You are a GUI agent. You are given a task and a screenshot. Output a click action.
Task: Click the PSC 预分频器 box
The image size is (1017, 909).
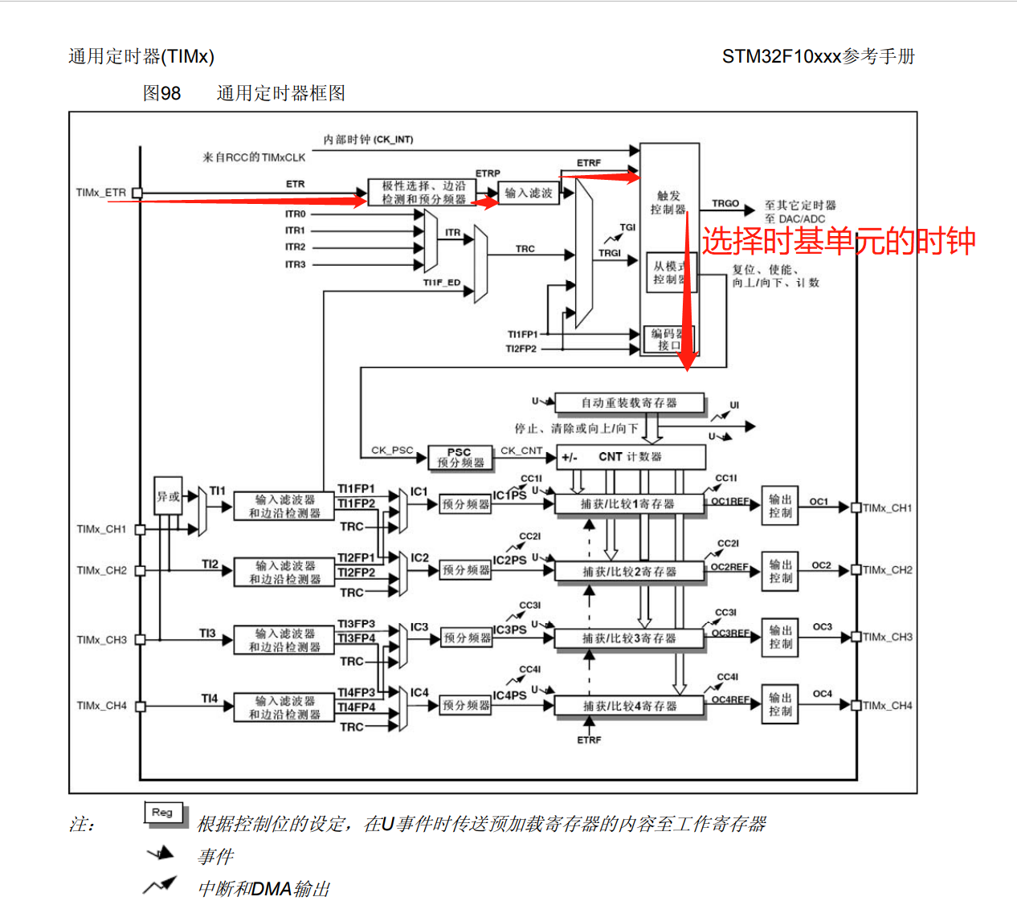tap(459, 458)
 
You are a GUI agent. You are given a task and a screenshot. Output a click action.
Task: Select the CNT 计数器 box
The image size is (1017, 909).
tap(631, 457)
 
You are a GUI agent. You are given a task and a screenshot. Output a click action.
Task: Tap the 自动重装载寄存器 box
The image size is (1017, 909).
tap(629, 402)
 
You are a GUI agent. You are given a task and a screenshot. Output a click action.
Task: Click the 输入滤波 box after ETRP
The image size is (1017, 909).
tap(529, 193)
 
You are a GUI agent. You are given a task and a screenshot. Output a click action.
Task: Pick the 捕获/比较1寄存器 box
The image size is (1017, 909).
tap(628, 504)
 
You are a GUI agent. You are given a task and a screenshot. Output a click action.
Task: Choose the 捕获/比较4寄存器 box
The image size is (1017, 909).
tap(630, 706)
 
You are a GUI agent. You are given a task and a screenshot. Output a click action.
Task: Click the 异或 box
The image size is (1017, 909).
tap(168, 496)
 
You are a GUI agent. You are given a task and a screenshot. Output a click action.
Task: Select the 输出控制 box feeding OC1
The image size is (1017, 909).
tap(780, 506)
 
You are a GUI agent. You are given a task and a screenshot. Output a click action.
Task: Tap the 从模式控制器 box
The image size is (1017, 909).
tap(669, 272)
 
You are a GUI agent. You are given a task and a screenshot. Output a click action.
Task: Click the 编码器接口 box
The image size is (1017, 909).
tap(669, 339)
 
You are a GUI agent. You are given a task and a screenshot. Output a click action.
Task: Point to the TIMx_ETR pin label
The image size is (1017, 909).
tap(101, 193)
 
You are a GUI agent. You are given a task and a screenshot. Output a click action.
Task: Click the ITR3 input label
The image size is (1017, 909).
tap(295, 264)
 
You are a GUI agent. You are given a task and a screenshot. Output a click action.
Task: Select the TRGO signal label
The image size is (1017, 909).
tap(725, 204)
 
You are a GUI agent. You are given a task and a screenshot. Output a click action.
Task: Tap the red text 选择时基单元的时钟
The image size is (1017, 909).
tap(839, 241)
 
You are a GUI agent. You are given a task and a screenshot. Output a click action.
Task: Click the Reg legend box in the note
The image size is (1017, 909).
tap(163, 813)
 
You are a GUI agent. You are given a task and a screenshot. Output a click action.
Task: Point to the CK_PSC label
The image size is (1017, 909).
tap(392, 450)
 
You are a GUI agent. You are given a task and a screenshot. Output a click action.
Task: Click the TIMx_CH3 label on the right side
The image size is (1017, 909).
tap(888, 638)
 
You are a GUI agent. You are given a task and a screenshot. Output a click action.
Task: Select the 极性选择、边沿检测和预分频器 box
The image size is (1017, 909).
tap(423, 193)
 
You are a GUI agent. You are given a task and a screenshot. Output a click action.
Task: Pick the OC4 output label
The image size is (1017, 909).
tap(822, 694)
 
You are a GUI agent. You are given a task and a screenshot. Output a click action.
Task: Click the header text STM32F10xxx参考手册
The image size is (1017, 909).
tap(818, 56)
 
